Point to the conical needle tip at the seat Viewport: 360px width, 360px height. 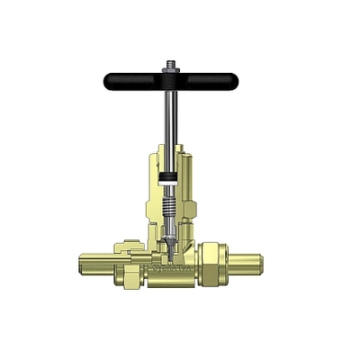click(x=168, y=244)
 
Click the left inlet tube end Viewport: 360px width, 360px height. click(x=83, y=264)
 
